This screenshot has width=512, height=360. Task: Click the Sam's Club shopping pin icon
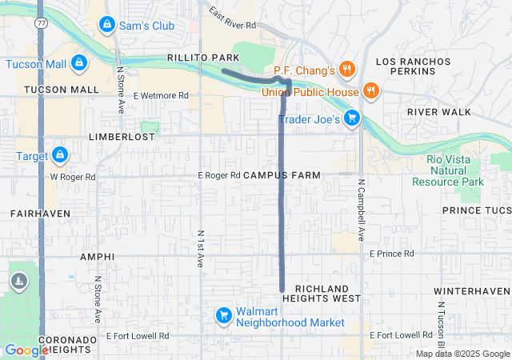[x=106, y=26]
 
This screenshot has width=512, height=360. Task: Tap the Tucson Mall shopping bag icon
[x=78, y=63]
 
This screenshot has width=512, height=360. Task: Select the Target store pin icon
[x=60, y=155]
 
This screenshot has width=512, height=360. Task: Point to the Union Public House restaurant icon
[x=370, y=91]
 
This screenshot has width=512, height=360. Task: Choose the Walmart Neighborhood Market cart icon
[x=224, y=317]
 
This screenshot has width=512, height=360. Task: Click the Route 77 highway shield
[x=40, y=24]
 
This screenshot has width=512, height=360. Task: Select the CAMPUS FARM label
[x=281, y=174]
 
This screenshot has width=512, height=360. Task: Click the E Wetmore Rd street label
[x=161, y=95]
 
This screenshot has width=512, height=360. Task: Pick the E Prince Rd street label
[x=392, y=254]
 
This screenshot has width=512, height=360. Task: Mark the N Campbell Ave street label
[x=361, y=212]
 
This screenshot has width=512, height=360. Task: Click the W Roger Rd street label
[x=73, y=176]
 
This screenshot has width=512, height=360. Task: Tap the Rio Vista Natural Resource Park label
[x=448, y=170]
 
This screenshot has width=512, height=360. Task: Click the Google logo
[x=26, y=350]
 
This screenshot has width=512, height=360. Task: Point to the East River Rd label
[x=232, y=18]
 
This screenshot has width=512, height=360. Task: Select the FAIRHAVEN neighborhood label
[x=40, y=214]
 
